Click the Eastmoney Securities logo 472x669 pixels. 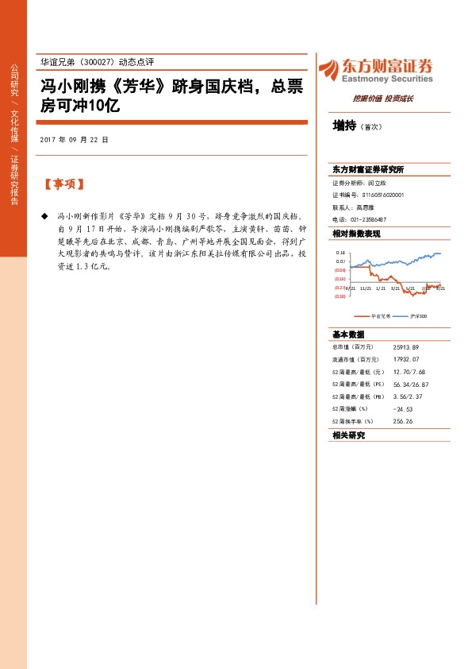click(375, 70)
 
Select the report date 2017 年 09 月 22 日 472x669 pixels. click(73, 138)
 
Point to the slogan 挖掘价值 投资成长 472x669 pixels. click(382, 99)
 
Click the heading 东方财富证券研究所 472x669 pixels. click(368, 169)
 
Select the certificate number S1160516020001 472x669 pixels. click(383, 194)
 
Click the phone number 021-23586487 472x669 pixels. click(367, 218)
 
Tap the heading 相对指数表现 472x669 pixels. click(356, 233)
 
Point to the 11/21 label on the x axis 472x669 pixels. click(365, 289)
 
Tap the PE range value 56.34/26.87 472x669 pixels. click(410, 382)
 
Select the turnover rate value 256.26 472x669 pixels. click(402, 421)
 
